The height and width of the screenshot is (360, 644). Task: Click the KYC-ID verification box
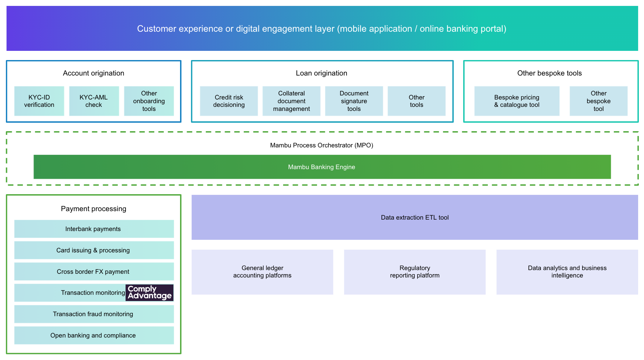pos(39,101)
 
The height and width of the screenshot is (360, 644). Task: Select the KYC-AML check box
pos(94,101)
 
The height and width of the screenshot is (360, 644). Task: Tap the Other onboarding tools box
pos(149,101)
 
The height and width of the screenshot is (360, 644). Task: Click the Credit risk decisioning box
pos(229,101)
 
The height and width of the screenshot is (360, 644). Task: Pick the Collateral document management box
pos(291,101)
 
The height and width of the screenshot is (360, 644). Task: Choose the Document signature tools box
pos(354,101)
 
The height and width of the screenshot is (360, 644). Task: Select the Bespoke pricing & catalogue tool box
pos(517,101)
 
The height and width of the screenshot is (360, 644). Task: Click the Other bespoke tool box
pos(598,101)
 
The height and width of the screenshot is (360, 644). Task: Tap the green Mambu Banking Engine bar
pos(322,167)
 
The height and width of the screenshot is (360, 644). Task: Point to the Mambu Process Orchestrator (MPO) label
pos(321,145)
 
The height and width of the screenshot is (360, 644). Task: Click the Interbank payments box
pos(94,229)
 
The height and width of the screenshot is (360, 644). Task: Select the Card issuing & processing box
pos(94,250)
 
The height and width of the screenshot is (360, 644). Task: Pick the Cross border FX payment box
pos(94,272)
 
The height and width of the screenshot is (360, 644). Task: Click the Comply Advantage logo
pos(149,293)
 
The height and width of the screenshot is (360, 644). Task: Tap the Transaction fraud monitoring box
pos(94,314)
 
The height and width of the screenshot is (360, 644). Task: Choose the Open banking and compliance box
pos(94,335)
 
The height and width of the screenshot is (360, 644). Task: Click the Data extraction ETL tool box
pos(415,217)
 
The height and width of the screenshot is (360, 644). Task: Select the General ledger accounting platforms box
pos(262,272)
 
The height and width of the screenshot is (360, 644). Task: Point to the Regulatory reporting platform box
pos(415,272)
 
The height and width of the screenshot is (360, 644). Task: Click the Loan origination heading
pos(321,73)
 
